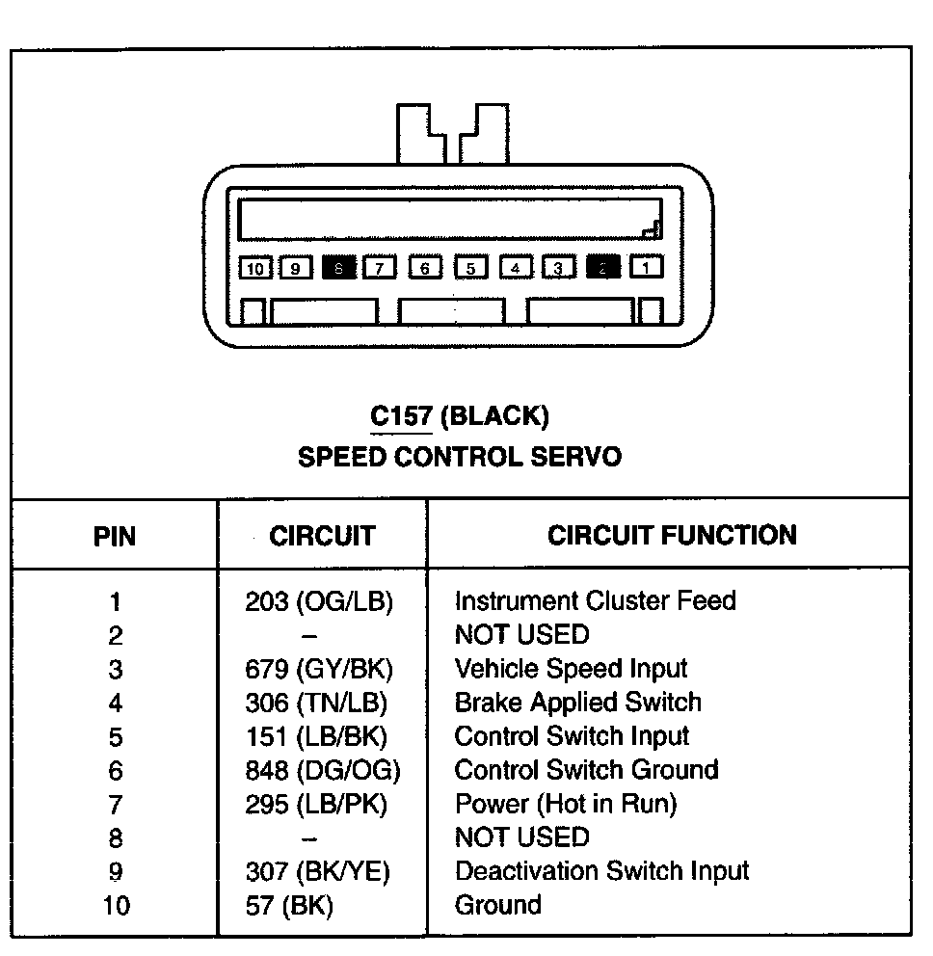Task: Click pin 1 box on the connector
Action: pos(647,267)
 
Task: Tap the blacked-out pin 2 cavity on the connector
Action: pos(602,267)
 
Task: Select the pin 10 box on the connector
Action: pos(255,268)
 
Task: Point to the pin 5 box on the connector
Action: pos(470,268)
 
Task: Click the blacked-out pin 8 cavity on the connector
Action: pos(339,268)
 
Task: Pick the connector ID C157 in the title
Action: pos(401,416)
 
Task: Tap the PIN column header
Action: pos(115,536)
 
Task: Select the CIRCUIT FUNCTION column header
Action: pos(672,535)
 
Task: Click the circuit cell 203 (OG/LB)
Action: pos(319,602)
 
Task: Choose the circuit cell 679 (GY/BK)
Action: pos(319,670)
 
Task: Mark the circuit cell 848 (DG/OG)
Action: pos(322,771)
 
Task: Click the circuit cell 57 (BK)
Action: pos(289,906)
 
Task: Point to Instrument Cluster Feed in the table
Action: pos(595,601)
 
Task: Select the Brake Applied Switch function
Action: pos(577,703)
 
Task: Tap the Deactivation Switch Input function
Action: pos(601,871)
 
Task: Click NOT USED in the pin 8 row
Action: pos(520,837)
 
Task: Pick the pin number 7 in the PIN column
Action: pos(116,805)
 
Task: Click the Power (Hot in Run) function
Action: pos(566,804)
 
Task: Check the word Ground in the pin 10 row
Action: pos(497,905)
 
